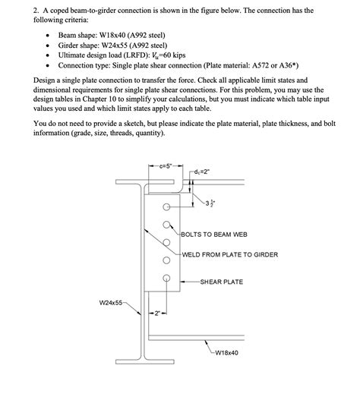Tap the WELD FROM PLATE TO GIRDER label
[230, 254]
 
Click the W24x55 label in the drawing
[113, 303]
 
